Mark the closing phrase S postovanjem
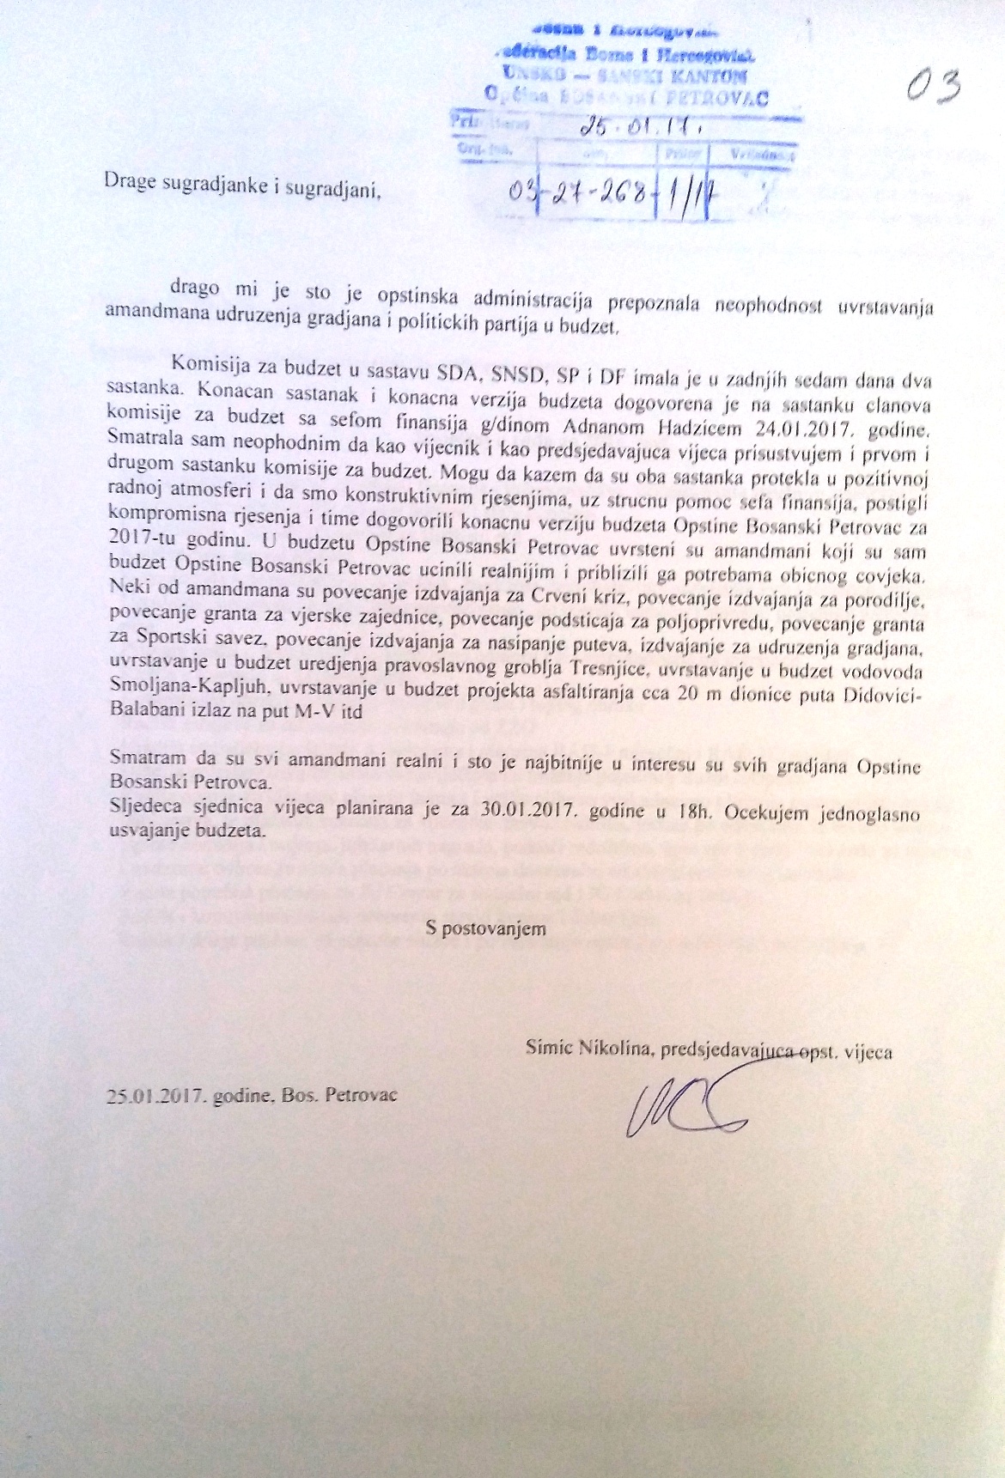(x=486, y=928)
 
